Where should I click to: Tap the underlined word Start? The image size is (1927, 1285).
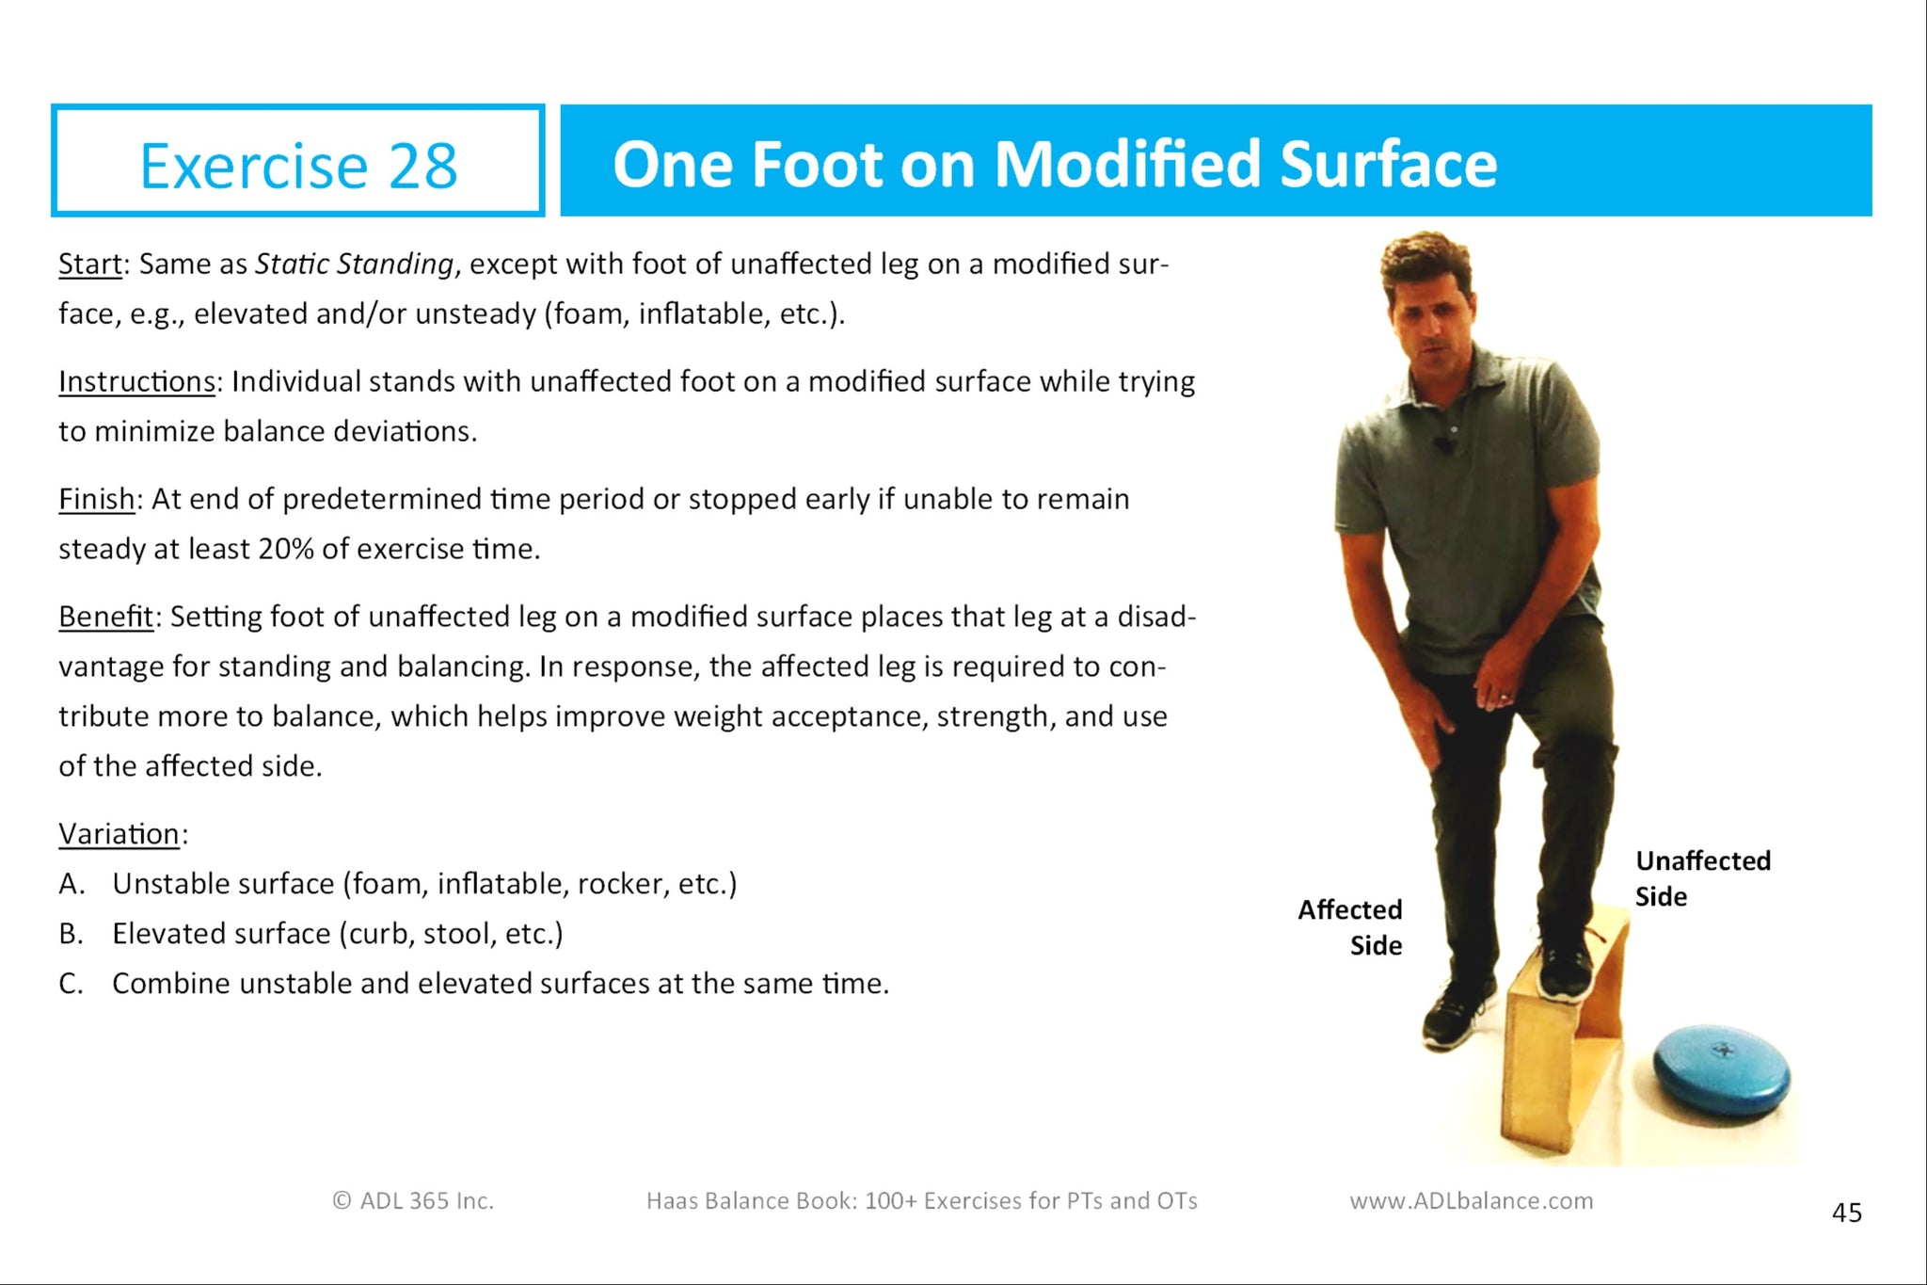pyautogui.click(x=90, y=264)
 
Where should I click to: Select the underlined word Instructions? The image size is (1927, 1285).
pyautogui.click(x=137, y=381)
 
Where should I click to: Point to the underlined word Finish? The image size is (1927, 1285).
pyautogui.click(x=97, y=499)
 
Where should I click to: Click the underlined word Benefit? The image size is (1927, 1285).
pyautogui.click(x=106, y=617)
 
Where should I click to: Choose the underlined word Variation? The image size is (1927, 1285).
pyautogui.click(x=119, y=834)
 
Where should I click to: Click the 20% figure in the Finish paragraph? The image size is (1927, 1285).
pyautogui.click(x=285, y=549)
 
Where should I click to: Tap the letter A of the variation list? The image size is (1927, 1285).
pyautogui.click(x=72, y=884)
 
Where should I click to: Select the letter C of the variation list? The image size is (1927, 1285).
pyautogui.click(x=72, y=984)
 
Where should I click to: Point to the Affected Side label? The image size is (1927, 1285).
pyautogui.click(x=1350, y=927)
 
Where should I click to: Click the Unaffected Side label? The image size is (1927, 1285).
pyautogui.click(x=1703, y=878)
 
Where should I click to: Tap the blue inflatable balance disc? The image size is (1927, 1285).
pyautogui.click(x=1722, y=1071)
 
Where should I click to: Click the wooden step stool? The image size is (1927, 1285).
pyautogui.click(x=1566, y=1036)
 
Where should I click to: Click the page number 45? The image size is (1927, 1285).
pyautogui.click(x=1847, y=1213)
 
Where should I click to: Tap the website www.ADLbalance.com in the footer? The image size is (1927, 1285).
pyautogui.click(x=1472, y=1201)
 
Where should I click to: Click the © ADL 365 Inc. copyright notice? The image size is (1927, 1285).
pyautogui.click(x=413, y=1201)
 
